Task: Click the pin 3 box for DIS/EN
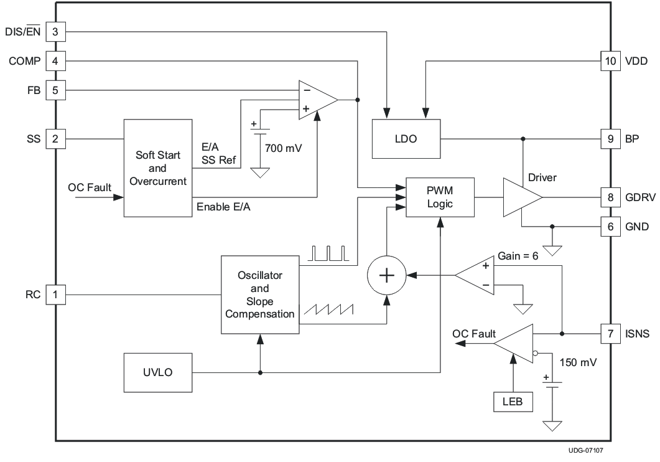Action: point(55,31)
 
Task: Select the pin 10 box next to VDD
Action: point(610,61)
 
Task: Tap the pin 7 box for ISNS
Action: point(610,334)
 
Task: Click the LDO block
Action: point(406,138)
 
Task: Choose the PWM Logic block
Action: point(440,196)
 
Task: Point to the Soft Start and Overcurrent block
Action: point(157,168)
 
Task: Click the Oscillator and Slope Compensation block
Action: point(259,294)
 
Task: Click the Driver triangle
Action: point(520,197)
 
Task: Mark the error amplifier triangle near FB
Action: point(316,99)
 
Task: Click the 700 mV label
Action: point(283,149)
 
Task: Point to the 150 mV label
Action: point(578,362)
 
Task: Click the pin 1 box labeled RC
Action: point(55,295)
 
